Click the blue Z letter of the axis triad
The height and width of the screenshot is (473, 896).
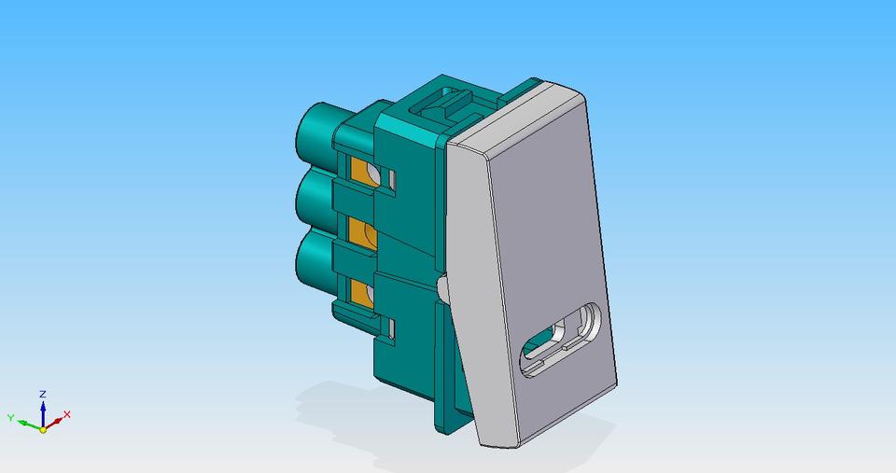[x=43, y=395]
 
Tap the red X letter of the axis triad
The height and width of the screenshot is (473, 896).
[x=67, y=414]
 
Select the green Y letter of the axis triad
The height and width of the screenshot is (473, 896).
[x=11, y=418]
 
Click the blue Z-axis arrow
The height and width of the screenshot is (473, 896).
[x=43, y=410]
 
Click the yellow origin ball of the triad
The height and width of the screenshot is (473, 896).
[x=43, y=429]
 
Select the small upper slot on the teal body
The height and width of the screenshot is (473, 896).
[x=393, y=178]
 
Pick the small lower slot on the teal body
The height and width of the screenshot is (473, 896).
[x=393, y=328]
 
